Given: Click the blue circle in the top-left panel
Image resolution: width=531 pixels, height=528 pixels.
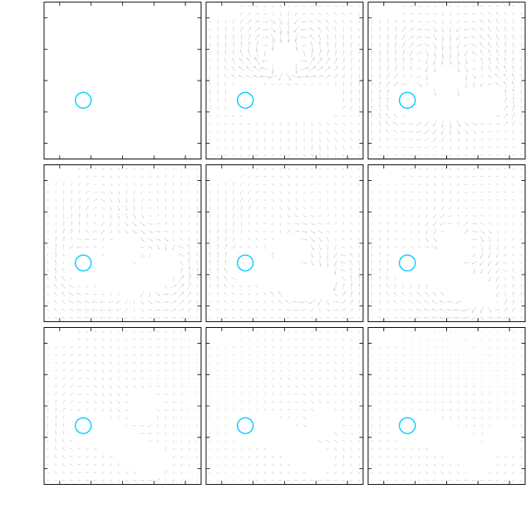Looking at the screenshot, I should (x=82, y=100).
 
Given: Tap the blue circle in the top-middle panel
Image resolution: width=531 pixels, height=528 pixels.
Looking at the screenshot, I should (x=244, y=100).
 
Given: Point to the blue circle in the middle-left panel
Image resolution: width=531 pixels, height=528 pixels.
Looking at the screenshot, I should (x=82, y=263).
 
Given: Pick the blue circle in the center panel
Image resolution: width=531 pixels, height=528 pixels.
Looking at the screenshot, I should (x=244, y=263).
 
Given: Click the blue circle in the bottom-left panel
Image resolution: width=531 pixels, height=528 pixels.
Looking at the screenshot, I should (x=82, y=426).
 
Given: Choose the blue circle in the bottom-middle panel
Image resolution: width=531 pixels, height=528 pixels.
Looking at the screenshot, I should (x=244, y=426).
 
